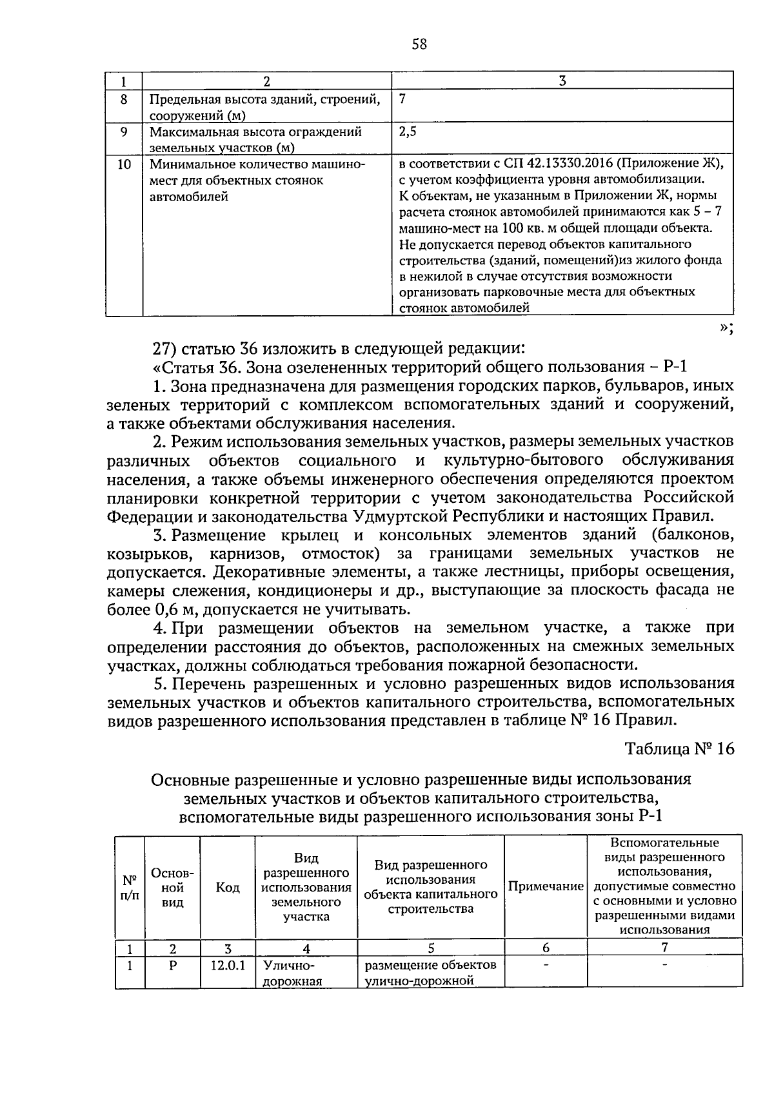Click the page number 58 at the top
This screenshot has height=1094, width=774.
point(419,44)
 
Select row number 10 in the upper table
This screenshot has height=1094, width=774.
point(124,164)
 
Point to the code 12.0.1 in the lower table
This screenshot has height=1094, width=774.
point(227,966)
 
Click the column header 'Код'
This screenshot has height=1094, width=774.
point(227,888)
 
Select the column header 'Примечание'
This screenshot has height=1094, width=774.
point(545,886)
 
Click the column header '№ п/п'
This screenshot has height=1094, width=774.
point(130,888)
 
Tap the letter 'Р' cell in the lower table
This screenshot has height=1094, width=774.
point(172,966)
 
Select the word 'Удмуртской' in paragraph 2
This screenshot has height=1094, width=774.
point(401,516)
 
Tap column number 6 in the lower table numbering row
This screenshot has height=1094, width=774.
point(545,948)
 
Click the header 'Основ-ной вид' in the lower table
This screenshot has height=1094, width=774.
point(172,888)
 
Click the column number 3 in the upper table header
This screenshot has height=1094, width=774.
point(562,81)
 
